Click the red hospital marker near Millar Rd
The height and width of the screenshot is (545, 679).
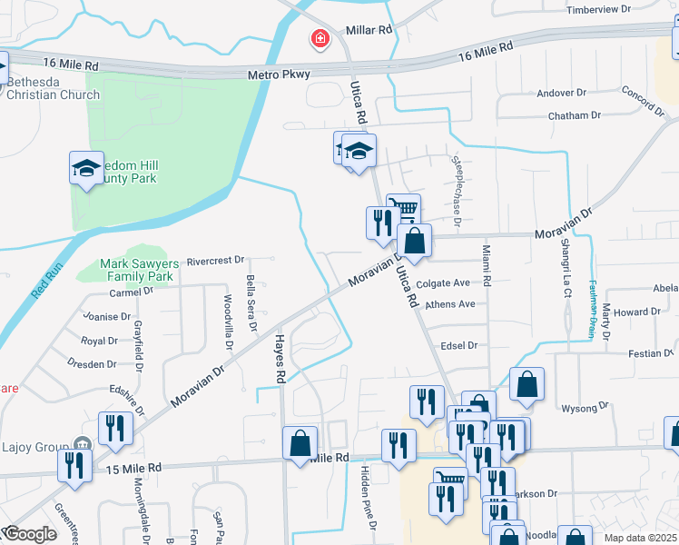320,39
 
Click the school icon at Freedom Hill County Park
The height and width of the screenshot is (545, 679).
87,168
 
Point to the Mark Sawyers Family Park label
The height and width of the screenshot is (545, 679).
136,269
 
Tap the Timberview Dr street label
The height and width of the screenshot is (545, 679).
597,9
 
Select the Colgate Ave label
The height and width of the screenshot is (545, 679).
444,283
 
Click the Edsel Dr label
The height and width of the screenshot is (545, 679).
458,346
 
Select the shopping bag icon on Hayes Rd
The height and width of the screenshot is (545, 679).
300,444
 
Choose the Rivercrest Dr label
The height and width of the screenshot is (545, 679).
216,261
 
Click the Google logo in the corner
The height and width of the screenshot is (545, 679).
31,534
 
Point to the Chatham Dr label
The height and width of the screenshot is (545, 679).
575,116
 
